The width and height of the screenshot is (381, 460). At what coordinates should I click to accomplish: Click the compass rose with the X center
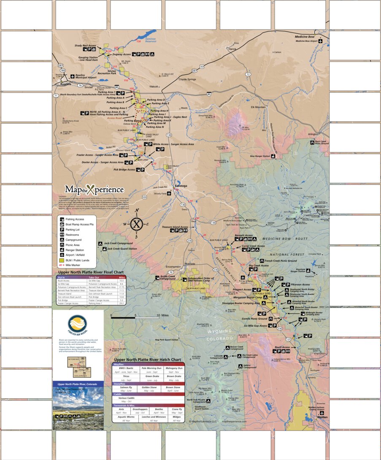pos(136,224)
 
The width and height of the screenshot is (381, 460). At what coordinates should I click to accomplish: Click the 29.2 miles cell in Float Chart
pos(121,303)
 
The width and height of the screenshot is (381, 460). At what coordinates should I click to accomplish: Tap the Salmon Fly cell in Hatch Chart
pos(126,387)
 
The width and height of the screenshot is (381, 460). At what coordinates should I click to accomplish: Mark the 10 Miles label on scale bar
pos(162,315)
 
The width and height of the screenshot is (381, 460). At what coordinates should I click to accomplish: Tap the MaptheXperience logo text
pos(94,189)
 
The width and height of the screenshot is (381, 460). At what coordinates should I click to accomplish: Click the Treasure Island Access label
pos(175,227)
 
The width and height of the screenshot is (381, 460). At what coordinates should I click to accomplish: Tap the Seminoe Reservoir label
pos(145,38)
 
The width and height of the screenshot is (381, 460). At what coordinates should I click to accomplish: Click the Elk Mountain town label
pos(258,107)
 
